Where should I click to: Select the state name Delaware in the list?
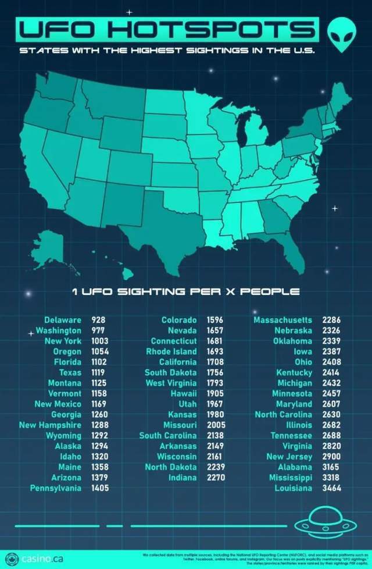coord(63,320)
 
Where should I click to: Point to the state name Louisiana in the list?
coord(294,488)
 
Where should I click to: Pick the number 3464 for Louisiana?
coord(331,488)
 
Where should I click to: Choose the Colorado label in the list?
coord(179,320)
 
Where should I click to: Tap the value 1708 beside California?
coord(215,362)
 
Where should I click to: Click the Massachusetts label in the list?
coord(282,320)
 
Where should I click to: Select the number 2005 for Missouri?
coord(215,425)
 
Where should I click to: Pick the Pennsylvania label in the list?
coord(56,488)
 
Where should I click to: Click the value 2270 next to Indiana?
coord(215,477)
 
